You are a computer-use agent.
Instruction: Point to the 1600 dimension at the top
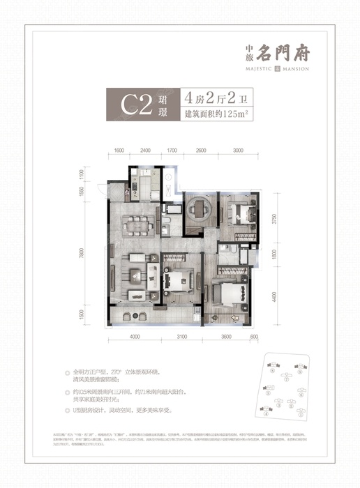click(119, 150)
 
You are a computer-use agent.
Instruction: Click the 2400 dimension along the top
click(145, 150)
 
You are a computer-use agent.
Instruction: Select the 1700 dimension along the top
click(172, 150)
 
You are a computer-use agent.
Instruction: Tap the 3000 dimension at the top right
click(238, 150)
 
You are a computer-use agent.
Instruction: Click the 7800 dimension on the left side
click(101, 252)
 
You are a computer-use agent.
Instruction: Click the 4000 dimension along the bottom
click(135, 337)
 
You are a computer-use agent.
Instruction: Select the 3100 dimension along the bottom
click(182, 337)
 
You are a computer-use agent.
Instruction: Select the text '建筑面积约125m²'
click(216, 114)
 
